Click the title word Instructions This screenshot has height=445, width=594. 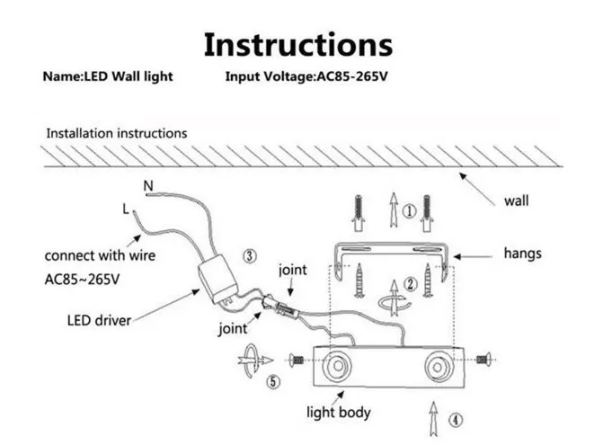click(298, 45)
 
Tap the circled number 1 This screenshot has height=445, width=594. click(409, 210)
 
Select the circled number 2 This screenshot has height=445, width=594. click(411, 284)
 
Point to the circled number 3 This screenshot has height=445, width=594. click(249, 256)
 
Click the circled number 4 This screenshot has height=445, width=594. click(456, 420)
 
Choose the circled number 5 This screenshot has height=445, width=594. click(273, 381)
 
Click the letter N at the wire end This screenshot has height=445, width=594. click(148, 186)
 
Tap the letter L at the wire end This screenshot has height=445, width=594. click(126, 209)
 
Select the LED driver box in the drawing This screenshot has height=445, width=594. click(218, 279)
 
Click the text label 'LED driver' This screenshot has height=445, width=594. click(99, 321)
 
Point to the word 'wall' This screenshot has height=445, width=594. click(516, 200)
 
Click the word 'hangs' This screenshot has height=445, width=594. click(522, 254)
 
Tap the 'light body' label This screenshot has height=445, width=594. click(338, 413)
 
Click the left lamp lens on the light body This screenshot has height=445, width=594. click(337, 366)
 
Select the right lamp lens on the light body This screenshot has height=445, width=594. click(439, 367)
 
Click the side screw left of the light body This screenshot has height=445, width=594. click(297, 360)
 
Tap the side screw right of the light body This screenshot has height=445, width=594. click(483, 360)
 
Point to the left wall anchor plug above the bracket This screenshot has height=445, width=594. click(359, 213)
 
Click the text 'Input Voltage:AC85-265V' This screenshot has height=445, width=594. click(306, 76)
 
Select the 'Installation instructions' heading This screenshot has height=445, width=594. click(117, 133)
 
